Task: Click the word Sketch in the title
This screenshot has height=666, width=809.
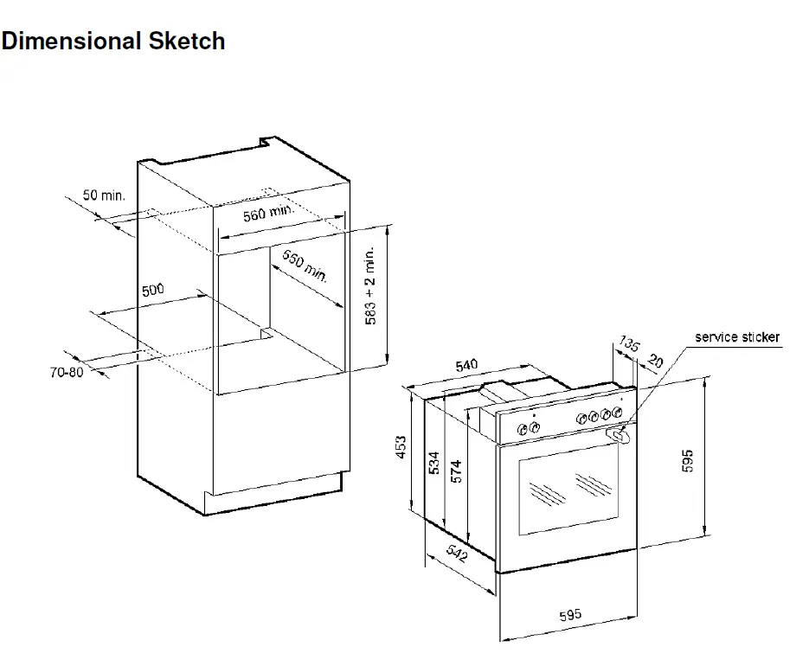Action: [187, 41]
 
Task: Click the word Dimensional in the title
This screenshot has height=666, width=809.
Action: [71, 41]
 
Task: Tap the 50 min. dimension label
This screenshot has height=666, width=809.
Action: [104, 195]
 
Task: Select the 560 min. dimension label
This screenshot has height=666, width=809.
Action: [268, 212]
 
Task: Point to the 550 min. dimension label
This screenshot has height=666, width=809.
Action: [305, 266]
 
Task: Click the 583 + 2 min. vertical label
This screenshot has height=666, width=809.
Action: [370, 285]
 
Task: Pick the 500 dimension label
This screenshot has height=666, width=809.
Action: [153, 290]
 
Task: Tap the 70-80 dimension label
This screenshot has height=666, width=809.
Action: [67, 372]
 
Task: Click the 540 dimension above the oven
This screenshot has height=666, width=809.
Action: [466, 365]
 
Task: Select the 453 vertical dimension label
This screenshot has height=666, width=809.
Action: [401, 447]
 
